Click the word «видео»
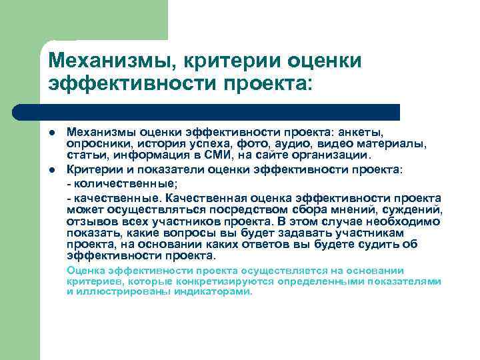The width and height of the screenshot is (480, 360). tap(319, 144)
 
